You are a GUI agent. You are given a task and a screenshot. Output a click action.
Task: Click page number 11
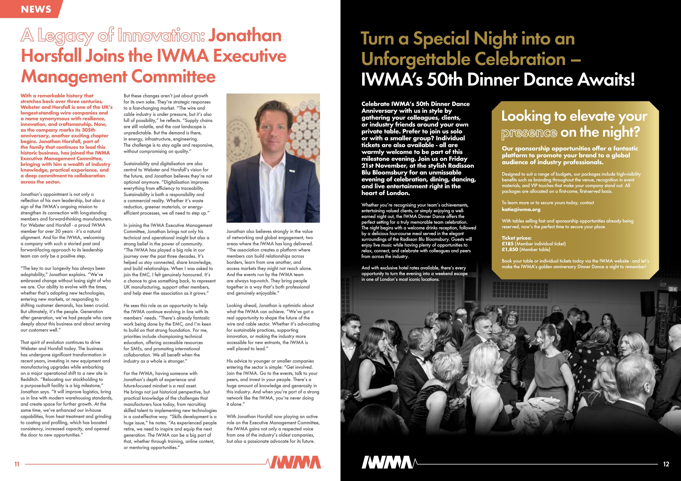(17, 464)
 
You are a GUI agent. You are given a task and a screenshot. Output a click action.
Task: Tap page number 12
(666, 464)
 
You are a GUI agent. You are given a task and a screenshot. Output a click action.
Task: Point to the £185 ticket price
(507, 244)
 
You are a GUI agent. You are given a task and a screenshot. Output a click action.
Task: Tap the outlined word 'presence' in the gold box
(529, 132)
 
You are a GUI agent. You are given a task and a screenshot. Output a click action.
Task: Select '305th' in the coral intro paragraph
(89, 130)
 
